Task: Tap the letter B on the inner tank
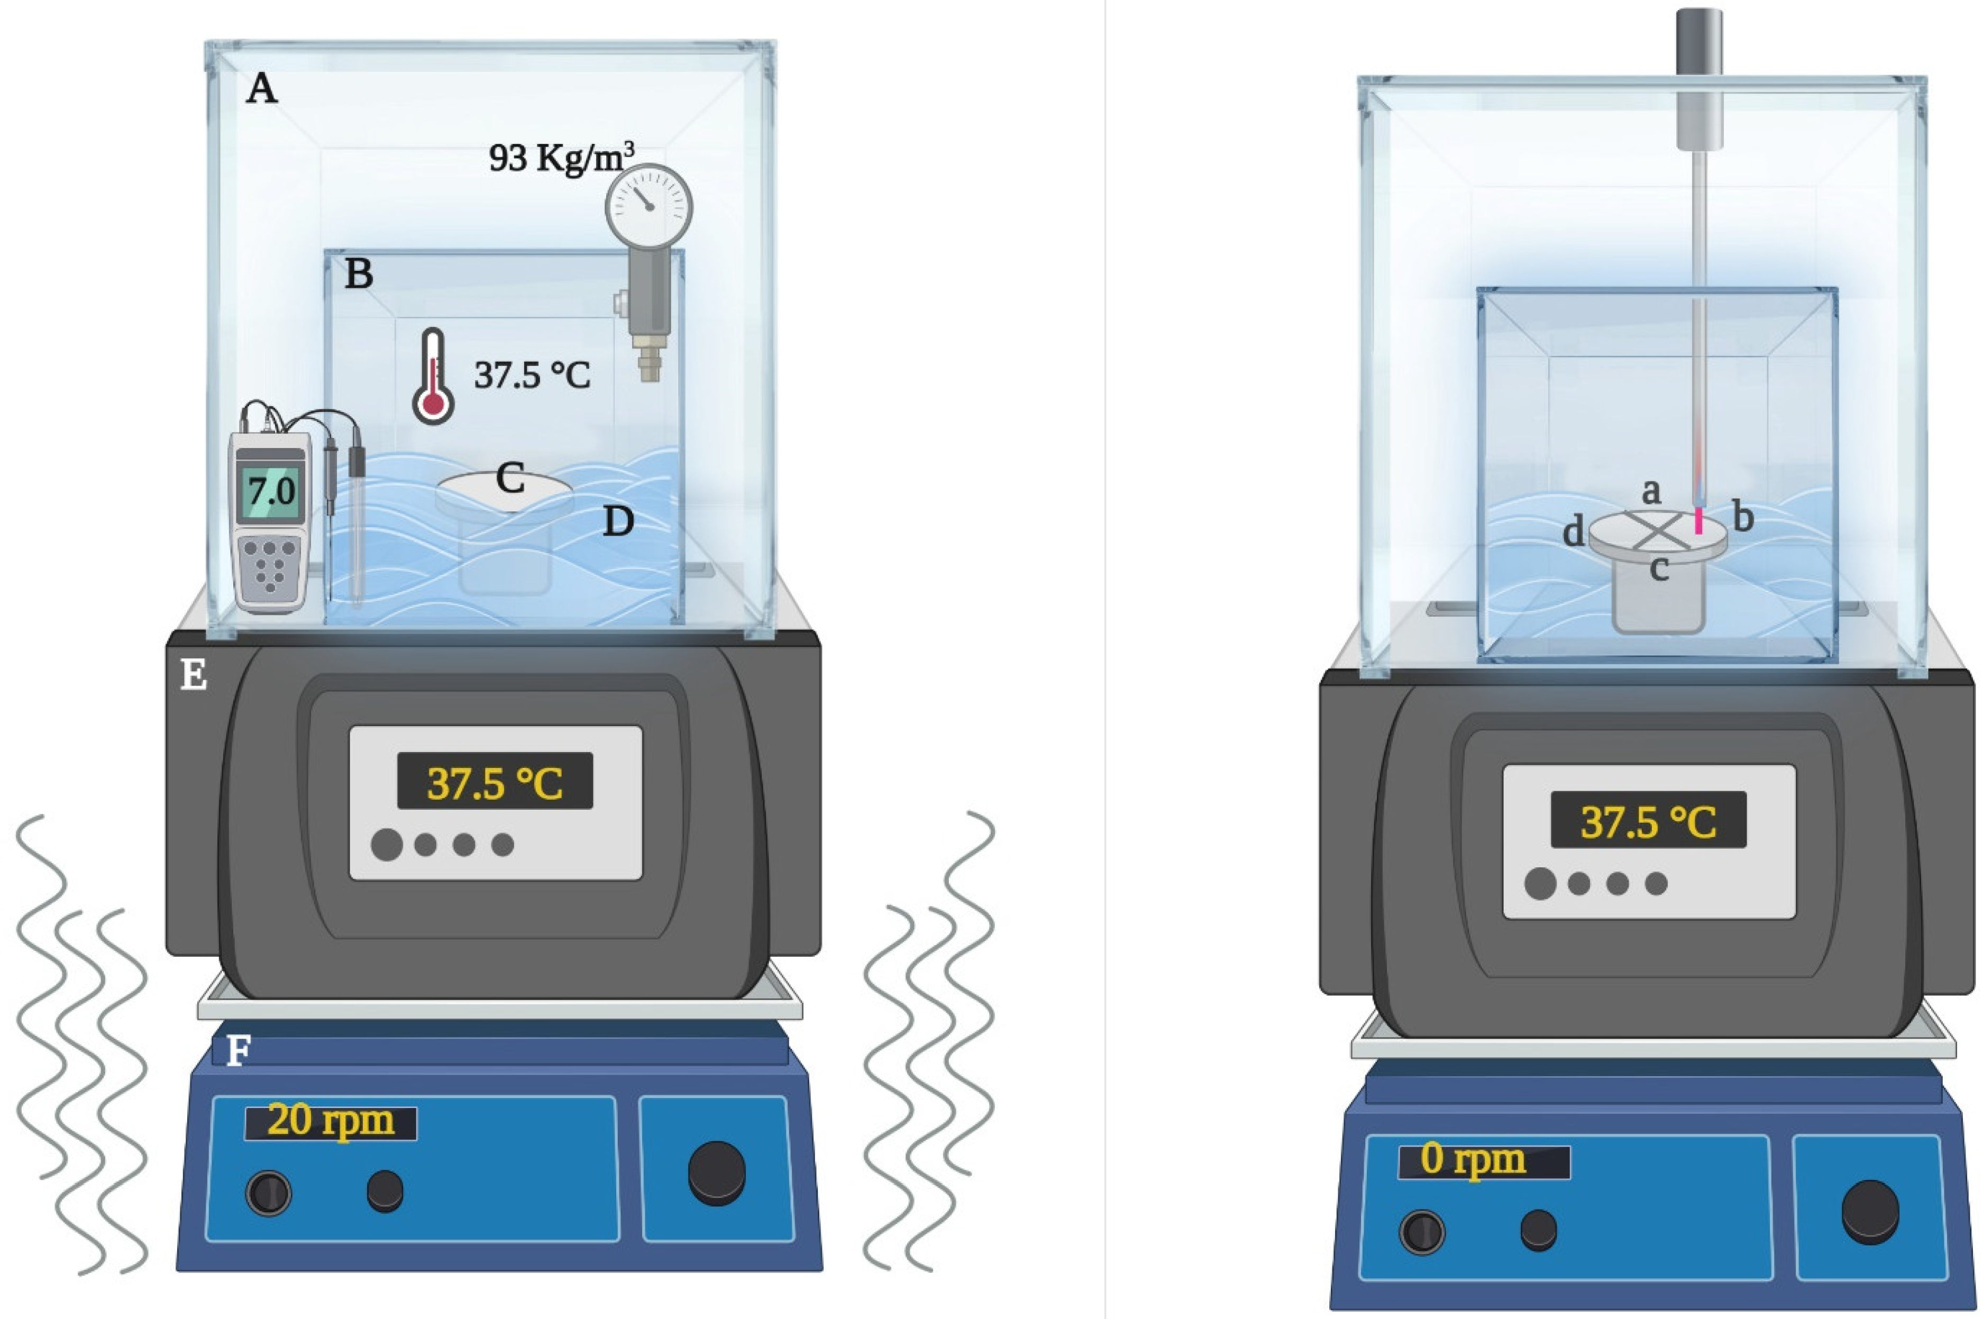click(359, 274)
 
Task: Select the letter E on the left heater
click(194, 675)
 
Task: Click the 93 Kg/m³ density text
click(561, 157)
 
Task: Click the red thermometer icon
click(433, 376)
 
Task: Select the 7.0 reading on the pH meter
click(271, 490)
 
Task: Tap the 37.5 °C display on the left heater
click(495, 782)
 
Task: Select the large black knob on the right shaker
click(1869, 1212)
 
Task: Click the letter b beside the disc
click(1744, 517)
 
